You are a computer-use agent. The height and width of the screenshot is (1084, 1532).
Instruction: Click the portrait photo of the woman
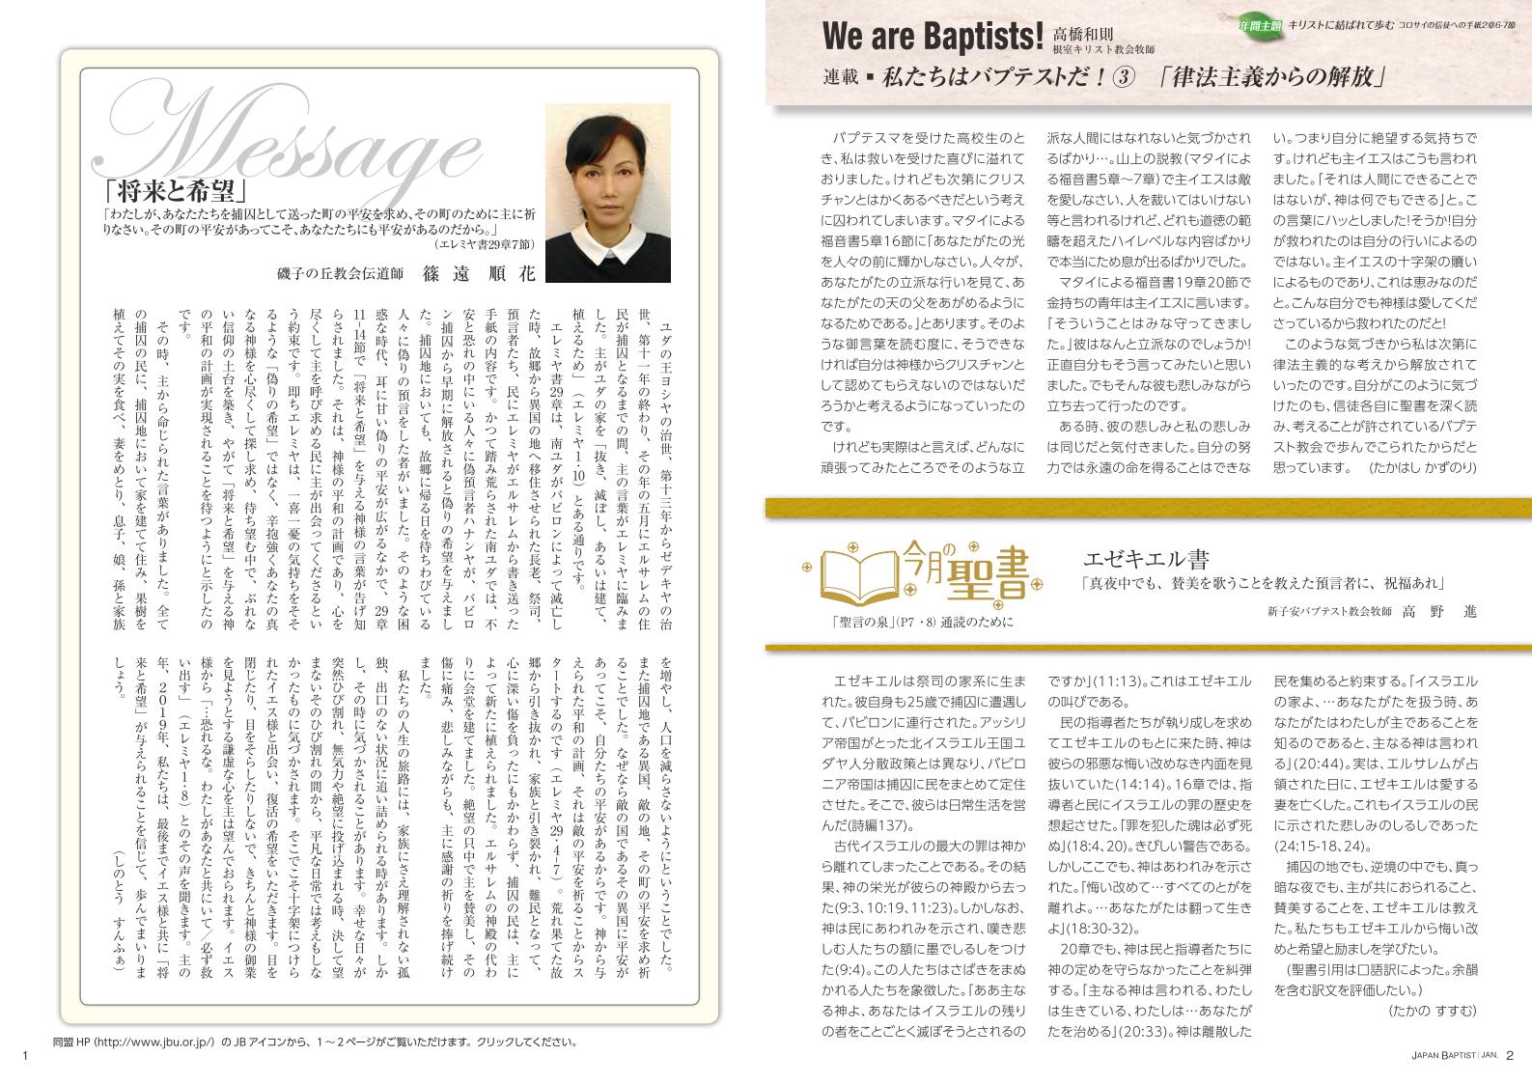(606, 192)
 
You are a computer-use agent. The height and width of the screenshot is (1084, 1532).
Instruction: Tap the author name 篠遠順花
(478, 272)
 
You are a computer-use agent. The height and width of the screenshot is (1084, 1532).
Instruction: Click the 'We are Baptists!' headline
(932, 36)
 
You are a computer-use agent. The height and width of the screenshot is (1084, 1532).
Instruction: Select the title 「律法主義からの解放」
(1274, 78)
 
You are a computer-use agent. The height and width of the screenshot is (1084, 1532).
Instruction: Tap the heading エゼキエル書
(1147, 558)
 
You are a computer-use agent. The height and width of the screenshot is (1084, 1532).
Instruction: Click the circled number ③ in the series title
(1121, 78)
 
